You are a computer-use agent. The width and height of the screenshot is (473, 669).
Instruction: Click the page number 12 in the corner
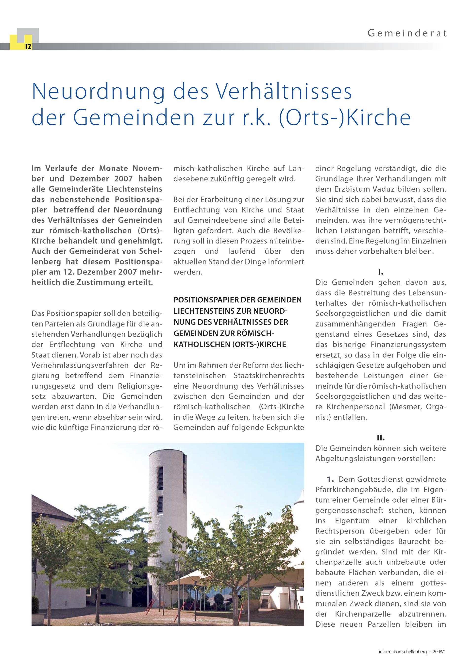tap(28, 47)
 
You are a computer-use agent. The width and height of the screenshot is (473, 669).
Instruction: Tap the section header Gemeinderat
tap(407, 33)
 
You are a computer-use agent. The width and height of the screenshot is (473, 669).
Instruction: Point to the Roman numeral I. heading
tap(381, 272)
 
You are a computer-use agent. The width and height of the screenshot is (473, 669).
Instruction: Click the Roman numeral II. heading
tap(381, 438)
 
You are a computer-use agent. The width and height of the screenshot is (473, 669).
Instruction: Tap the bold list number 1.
tap(330, 479)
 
